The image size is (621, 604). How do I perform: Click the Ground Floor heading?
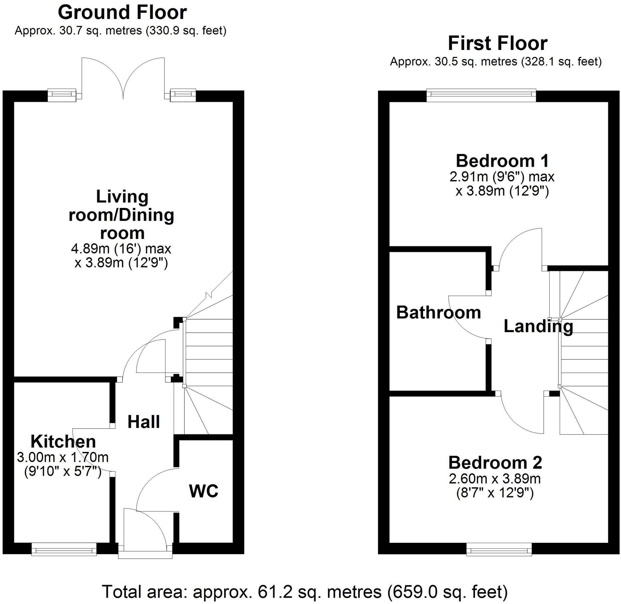(x=122, y=13)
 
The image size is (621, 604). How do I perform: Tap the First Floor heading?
(x=497, y=43)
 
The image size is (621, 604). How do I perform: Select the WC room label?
(x=204, y=491)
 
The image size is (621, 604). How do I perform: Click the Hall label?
(x=144, y=422)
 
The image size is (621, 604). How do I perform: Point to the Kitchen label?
(x=63, y=442)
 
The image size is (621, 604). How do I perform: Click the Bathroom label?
(x=439, y=312)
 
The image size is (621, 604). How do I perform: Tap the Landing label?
(x=538, y=326)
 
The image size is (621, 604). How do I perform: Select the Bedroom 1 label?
(x=502, y=161)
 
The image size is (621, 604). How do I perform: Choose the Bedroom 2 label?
(x=495, y=463)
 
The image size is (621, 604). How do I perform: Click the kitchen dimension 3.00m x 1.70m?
(x=63, y=457)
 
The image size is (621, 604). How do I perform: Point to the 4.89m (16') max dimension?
(x=121, y=249)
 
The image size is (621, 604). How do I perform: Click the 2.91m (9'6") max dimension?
(x=502, y=176)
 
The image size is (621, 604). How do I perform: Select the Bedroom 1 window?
(x=481, y=96)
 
